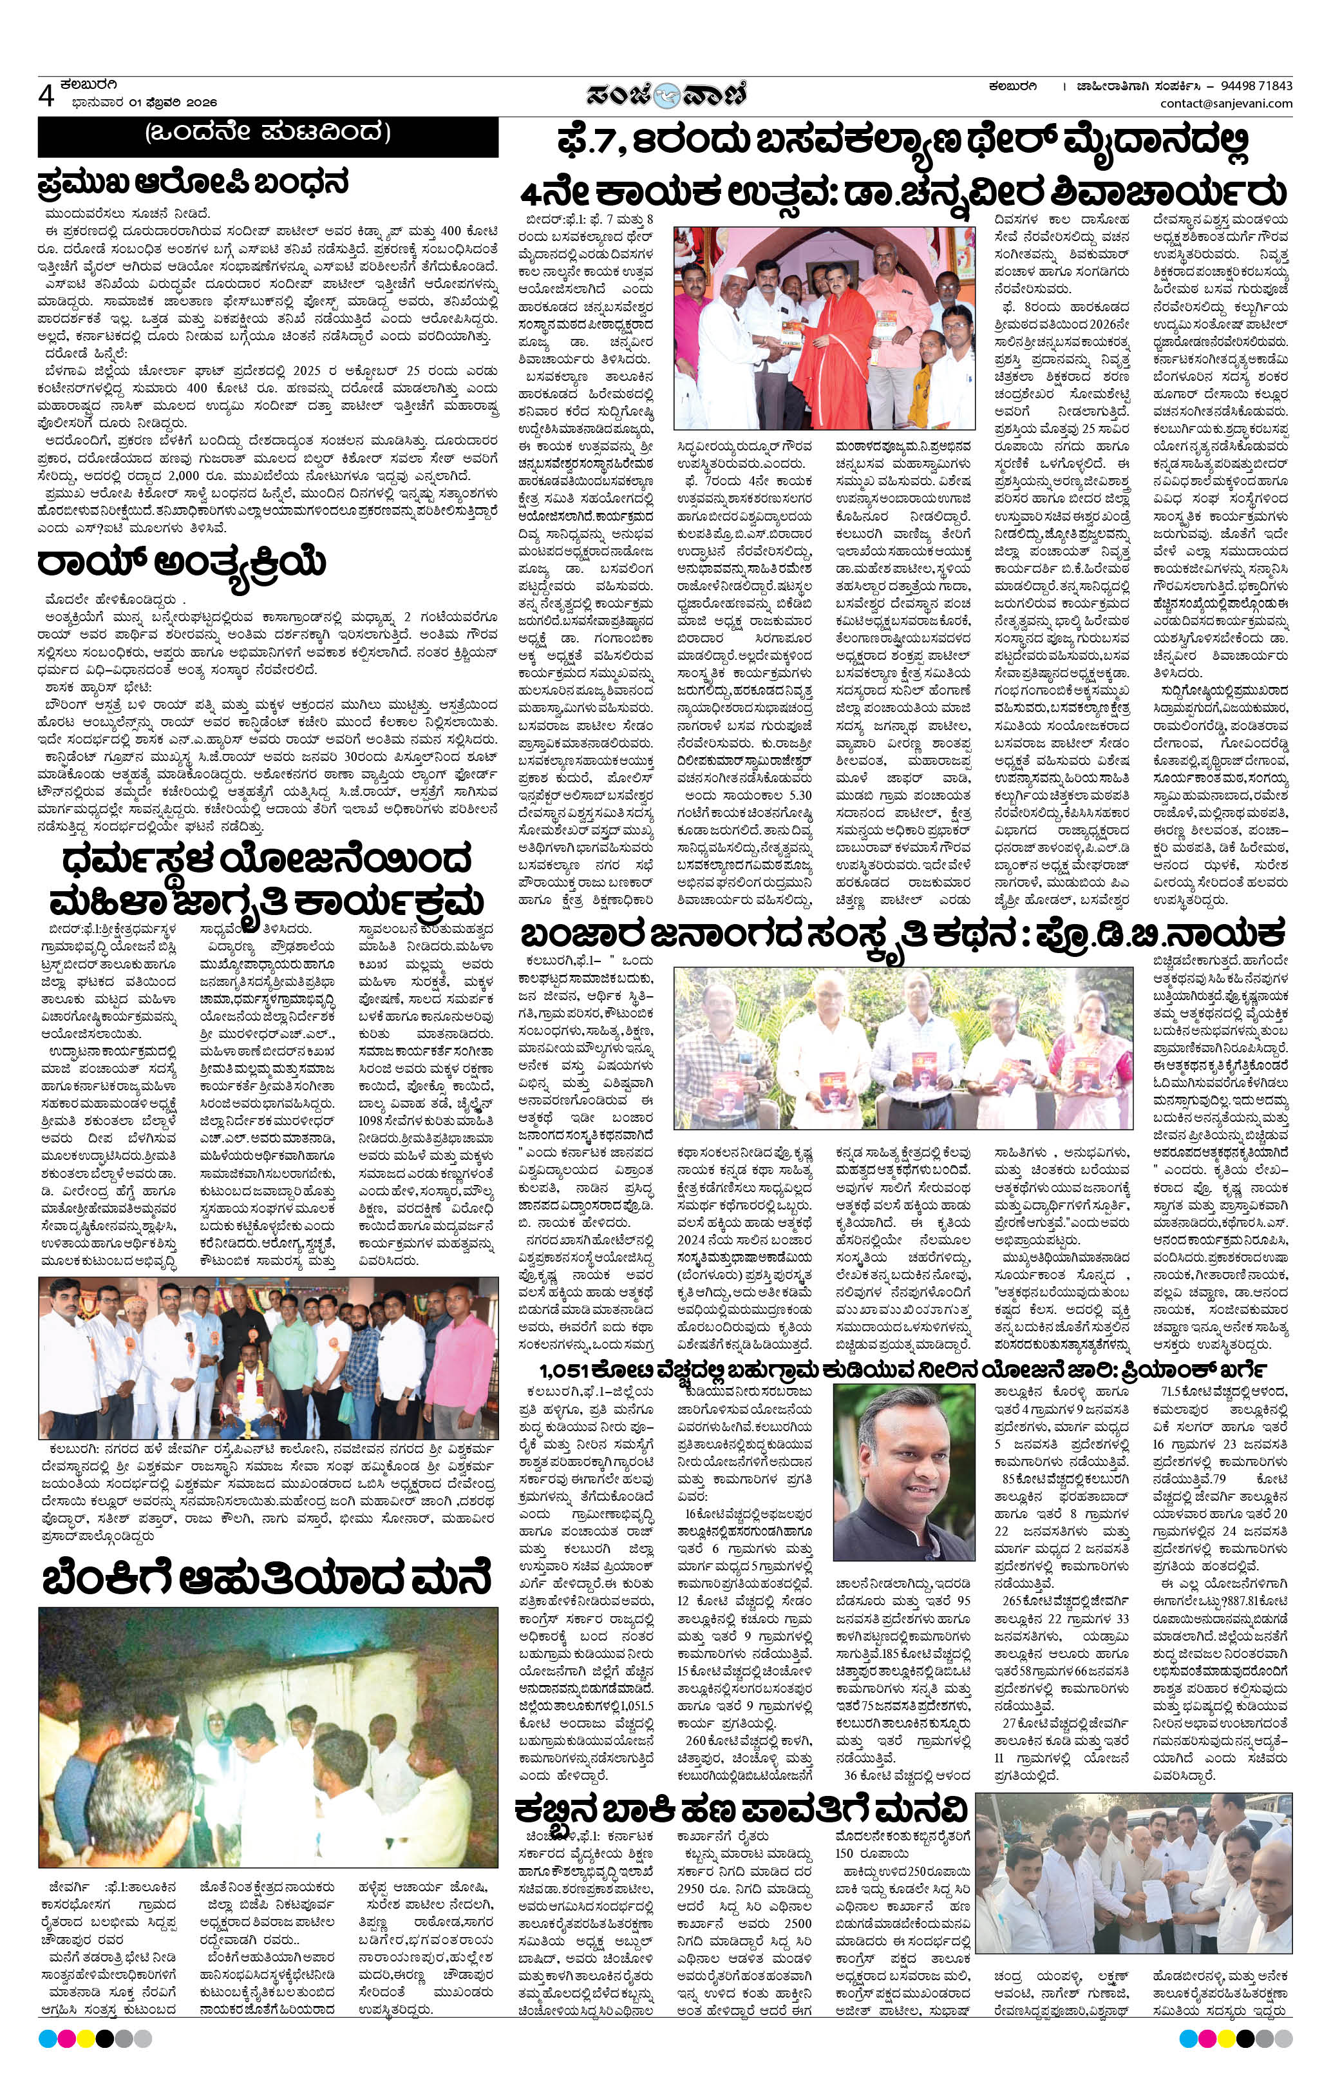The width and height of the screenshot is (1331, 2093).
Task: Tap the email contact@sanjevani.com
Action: [1226, 104]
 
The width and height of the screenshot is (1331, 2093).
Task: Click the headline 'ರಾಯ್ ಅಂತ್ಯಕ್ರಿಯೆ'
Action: [182, 563]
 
